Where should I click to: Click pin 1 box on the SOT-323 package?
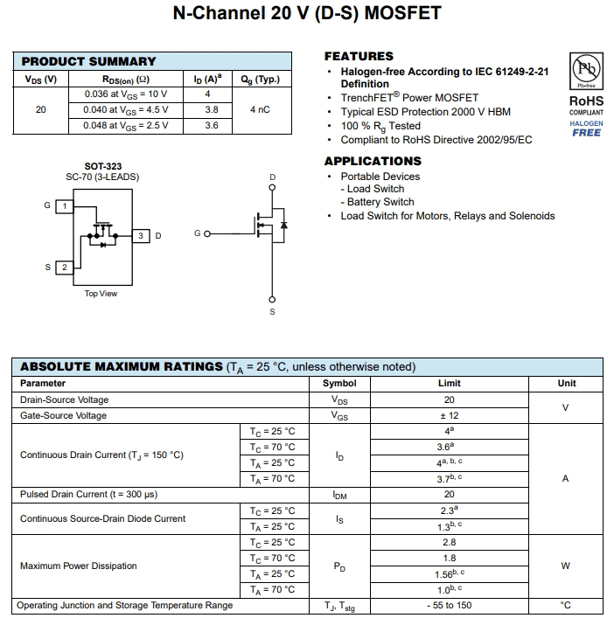pyautogui.click(x=64, y=206)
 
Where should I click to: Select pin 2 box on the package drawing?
pyautogui.click(x=64, y=267)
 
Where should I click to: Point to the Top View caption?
pyautogui.click(x=101, y=294)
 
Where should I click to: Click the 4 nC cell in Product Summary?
pyautogui.click(x=260, y=110)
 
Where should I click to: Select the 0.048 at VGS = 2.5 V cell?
pyautogui.click(x=127, y=126)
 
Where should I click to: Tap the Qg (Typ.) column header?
pyautogui.click(x=260, y=80)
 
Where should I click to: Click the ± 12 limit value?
pyautogui.click(x=449, y=416)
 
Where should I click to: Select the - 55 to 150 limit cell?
pyautogui.click(x=449, y=606)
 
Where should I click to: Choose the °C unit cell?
pyautogui.click(x=565, y=606)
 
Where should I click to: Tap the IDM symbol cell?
pyautogui.click(x=339, y=495)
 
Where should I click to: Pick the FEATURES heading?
pyautogui.click(x=359, y=56)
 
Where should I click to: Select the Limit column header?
pyautogui.click(x=449, y=384)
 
